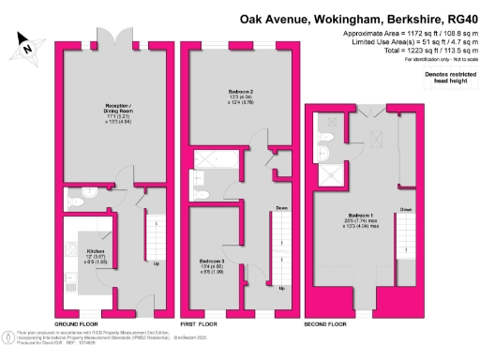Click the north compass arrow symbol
26,44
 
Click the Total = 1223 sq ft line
411,52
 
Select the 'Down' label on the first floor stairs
280,208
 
